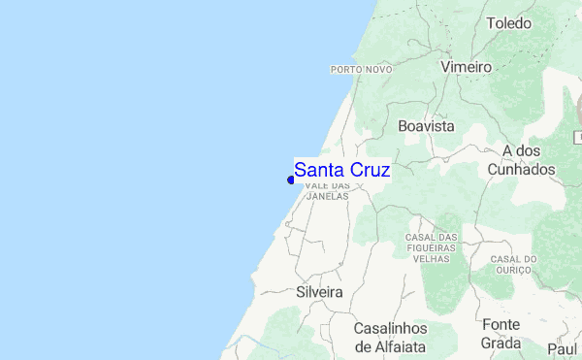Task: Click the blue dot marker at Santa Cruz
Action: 291,180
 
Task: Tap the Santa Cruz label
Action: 341,169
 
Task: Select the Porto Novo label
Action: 361,70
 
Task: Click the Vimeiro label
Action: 466,68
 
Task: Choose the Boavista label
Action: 426,126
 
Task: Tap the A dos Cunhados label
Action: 529,160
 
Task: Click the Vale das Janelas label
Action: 327,190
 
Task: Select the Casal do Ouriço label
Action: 513,264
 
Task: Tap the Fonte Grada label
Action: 501,333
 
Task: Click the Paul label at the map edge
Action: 563,348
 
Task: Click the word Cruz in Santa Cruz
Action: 369,169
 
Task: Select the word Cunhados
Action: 529,170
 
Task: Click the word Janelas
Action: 327,195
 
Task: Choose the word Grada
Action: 501,343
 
